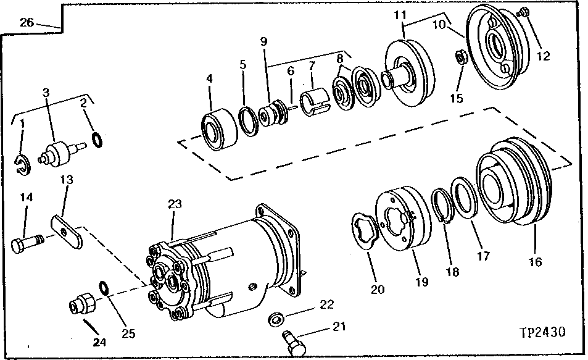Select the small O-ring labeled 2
(96, 140)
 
